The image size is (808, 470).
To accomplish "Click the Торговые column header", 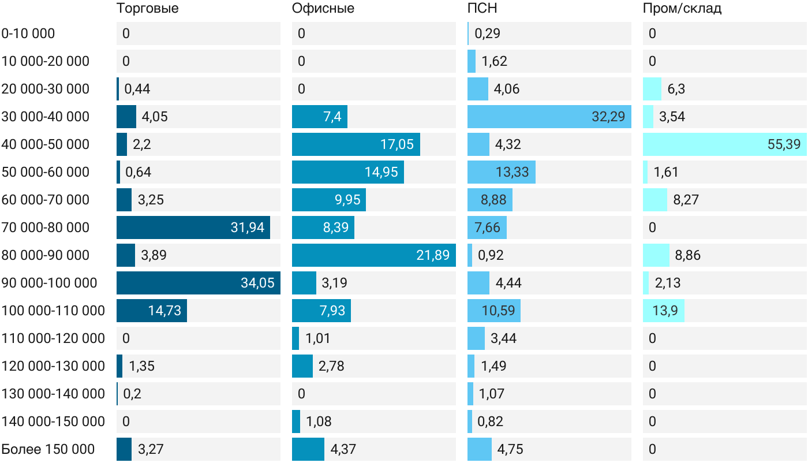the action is [x=148, y=8].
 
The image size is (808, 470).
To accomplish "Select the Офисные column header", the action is [x=323, y=8].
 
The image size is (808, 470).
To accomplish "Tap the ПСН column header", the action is [x=482, y=8].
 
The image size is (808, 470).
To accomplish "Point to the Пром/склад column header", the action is [x=682, y=8].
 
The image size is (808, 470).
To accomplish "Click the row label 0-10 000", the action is [x=28, y=33].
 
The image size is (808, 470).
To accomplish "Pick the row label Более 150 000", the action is [x=48, y=449].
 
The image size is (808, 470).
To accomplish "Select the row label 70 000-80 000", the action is [x=46, y=227].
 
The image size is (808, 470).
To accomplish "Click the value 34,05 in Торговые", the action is [x=257, y=283].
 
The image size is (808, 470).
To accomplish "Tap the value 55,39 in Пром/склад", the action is [x=784, y=144].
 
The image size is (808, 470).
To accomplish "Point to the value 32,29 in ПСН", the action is [x=608, y=117].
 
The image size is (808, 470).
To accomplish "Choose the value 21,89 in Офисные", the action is [x=433, y=255].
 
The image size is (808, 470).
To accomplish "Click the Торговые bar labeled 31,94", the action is [x=193, y=227].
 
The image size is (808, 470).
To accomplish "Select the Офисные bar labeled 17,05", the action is [x=356, y=144].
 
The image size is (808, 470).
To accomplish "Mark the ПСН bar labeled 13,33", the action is [x=502, y=172].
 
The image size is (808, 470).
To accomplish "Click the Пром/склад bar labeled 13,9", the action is [x=664, y=311].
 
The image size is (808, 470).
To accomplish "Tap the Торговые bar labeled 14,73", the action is [x=152, y=311].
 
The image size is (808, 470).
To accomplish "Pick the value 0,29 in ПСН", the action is [x=487, y=33].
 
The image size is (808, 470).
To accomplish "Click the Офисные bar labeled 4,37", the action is [x=308, y=449].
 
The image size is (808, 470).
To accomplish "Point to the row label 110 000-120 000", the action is [x=53, y=338].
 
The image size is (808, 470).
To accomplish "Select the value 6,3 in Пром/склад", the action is [x=676, y=89].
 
